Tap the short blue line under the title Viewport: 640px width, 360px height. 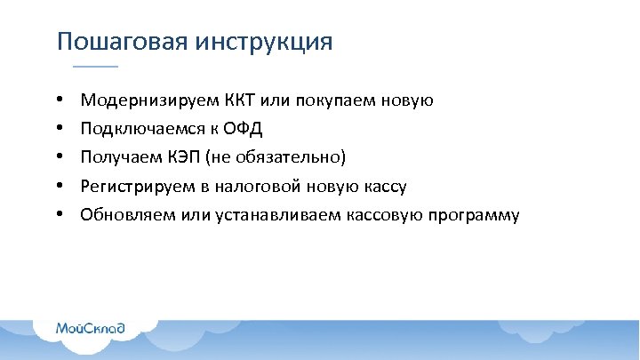coord(94,67)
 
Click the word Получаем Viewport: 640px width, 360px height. coord(116,157)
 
